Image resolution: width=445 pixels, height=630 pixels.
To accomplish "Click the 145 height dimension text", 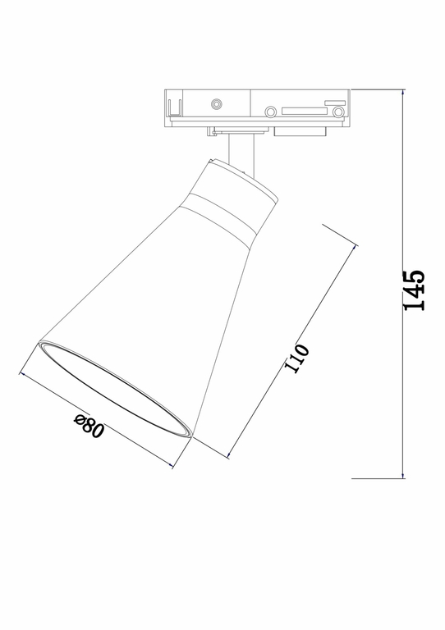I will [414, 290].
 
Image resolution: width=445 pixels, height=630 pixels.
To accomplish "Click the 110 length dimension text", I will [298, 358].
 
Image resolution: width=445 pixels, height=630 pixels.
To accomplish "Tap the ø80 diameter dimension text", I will [89, 427].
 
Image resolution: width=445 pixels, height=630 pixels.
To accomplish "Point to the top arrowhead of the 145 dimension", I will [403, 92].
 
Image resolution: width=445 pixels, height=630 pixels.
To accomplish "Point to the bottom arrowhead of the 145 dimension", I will [403, 475].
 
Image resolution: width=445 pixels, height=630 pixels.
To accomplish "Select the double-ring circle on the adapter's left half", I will [216, 104].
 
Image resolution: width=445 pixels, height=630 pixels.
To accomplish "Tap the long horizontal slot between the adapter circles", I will [303, 110].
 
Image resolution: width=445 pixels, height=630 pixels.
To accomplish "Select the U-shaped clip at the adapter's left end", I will [173, 107].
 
